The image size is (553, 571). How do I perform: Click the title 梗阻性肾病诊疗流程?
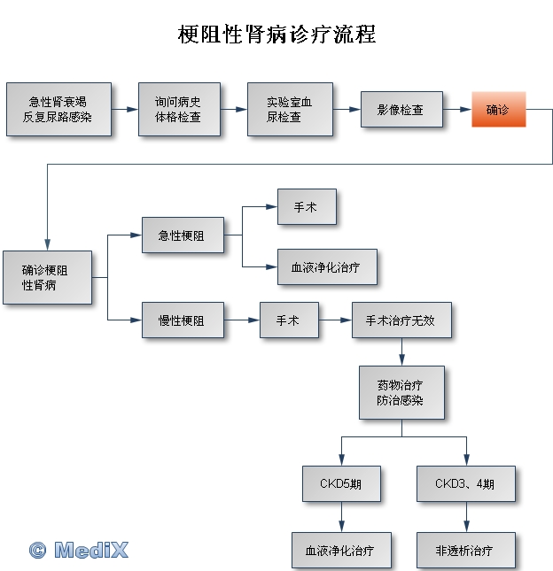coord(276,35)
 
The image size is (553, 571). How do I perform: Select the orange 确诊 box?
coord(499,109)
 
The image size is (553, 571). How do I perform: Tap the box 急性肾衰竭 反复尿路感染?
coord(58,109)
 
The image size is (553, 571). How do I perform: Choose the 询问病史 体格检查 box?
coord(179,109)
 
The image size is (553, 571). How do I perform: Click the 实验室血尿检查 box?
coord(290,109)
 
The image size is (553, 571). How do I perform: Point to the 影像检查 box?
coord(401,109)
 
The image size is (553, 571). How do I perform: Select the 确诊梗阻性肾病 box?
coord(47,277)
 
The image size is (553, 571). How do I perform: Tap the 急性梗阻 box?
coord(183,235)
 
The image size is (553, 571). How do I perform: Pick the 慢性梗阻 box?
coord(183,320)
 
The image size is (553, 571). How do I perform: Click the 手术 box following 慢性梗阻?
coord(290,320)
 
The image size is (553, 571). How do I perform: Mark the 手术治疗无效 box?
coord(401,320)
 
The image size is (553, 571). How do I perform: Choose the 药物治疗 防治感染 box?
coord(401,392)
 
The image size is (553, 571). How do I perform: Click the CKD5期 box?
coord(341,483)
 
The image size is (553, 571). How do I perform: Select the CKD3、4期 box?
coord(466,483)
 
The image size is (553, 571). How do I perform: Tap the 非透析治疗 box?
coord(466,551)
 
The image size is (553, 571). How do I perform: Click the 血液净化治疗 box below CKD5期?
coord(341,551)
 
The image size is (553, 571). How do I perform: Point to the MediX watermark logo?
coord(79,550)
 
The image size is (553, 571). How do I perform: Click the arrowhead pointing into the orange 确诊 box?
coord(466,109)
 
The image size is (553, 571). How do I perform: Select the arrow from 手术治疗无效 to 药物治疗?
coord(401,351)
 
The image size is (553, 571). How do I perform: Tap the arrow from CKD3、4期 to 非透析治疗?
coord(466,517)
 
